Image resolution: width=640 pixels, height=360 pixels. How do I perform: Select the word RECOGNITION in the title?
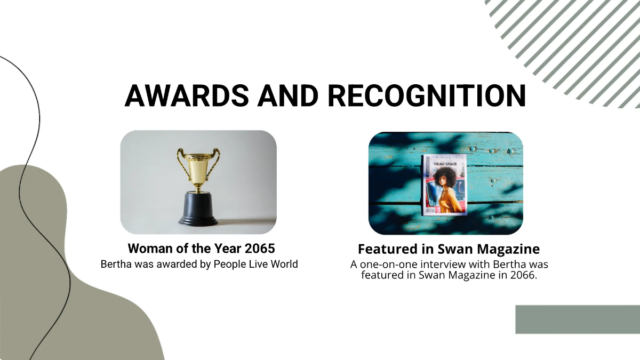[426, 95]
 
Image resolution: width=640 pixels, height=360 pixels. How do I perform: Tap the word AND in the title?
[287, 95]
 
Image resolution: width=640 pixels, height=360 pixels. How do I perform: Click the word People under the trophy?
[228, 264]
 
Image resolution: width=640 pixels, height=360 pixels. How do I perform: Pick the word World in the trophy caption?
[283, 264]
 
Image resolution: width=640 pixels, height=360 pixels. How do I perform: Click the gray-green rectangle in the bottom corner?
[578, 319]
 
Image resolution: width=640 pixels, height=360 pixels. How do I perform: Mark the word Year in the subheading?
[223, 249]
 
